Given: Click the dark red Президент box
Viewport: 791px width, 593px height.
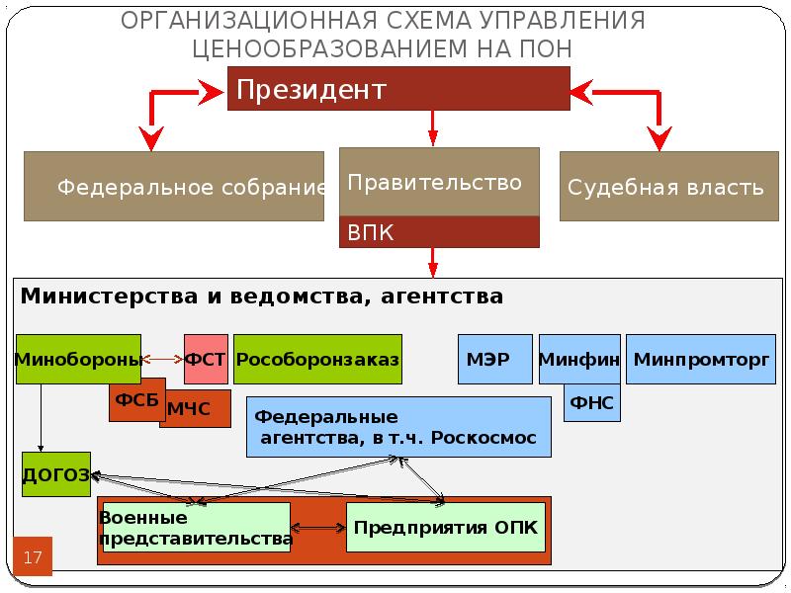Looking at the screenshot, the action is point(398,88).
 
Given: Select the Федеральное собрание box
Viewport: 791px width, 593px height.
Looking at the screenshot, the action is point(174,186).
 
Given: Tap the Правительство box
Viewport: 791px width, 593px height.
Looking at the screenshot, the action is point(439,182).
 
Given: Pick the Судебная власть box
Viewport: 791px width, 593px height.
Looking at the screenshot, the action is point(669,186).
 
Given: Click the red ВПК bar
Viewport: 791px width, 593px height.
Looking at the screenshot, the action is point(439,232).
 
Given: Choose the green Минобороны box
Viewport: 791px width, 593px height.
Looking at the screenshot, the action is point(78,359).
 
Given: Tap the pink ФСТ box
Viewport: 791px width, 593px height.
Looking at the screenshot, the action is point(206,359).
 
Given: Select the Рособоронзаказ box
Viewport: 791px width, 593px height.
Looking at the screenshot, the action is point(317,359).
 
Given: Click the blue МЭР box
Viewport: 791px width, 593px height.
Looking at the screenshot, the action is point(495,359).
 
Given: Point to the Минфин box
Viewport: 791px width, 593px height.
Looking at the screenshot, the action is point(579,359).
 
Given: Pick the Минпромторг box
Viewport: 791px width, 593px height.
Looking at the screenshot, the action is point(701,359).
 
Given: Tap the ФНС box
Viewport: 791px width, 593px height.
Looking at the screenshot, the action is point(592,402).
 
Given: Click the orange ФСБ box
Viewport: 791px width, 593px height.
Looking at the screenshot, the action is point(137,399).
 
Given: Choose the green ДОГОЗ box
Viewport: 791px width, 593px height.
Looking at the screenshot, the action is point(56,474).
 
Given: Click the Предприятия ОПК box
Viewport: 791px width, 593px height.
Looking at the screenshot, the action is point(446,527).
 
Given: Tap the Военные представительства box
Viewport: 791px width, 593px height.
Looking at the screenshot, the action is point(196,527).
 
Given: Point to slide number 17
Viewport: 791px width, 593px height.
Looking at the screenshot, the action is point(33,556).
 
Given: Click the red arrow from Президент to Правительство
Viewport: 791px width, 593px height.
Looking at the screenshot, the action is point(433,128).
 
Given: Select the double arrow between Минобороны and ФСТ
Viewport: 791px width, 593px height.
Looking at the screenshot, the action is point(163,359).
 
